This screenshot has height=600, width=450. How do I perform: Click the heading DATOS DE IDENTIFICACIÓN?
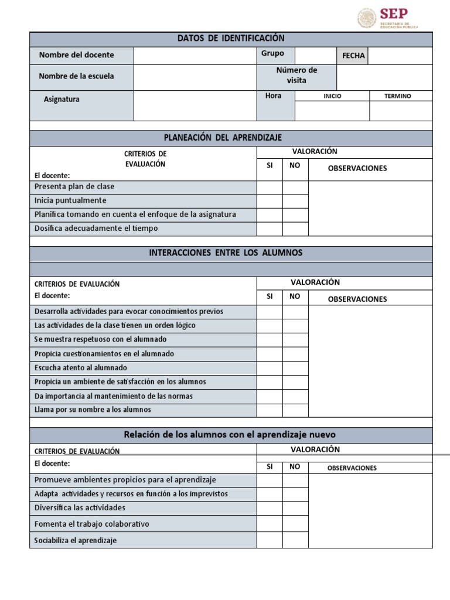pyautogui.click(x=231, y=39)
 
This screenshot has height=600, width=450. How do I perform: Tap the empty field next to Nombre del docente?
pyautogui.click(x=195, y=56)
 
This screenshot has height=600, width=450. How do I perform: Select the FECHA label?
pyautogui.click(x=353, y=56)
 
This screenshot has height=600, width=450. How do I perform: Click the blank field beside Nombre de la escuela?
pyautogui.click(x=195, y=77)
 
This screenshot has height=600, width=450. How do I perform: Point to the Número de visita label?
pyautogui.click(x=296, y=76)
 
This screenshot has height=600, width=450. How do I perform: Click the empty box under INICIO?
pyautogui.click(x=332, y=111)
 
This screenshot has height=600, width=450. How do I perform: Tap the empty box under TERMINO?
pyautogui.click(x=401, y=111)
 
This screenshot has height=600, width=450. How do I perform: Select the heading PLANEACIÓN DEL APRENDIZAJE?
pyautogui.click(x=231, y=138)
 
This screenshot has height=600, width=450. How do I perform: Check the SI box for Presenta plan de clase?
pyautogui.click(x=270, y=187)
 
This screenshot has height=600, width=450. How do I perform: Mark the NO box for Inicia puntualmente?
pyautogui.click(x=295, y=201)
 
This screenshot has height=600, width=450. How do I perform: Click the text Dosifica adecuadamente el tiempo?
pyautogui.click(x=96, y=229)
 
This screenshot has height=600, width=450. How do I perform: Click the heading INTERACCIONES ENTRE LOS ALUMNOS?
pyautogui.click(x=231, y=253)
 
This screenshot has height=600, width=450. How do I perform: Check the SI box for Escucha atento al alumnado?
pyautogui.click(x=270, y=368)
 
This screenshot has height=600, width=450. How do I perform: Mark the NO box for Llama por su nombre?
pyautogui.click(x=295, y=410)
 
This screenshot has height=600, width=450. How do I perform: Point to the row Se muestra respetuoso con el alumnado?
pyautogui.click(x=100, y=339)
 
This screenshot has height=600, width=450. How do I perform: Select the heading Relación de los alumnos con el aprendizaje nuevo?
pyautogui.click(x=231, y=435)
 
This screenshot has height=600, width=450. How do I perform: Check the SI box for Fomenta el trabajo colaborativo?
pyautogui.click(x=270, y=524)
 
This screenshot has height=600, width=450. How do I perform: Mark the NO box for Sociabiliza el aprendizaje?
pyautogui.click(x=295, y=540)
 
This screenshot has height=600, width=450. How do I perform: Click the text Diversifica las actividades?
pyautogui.click(x=80, y=508)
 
